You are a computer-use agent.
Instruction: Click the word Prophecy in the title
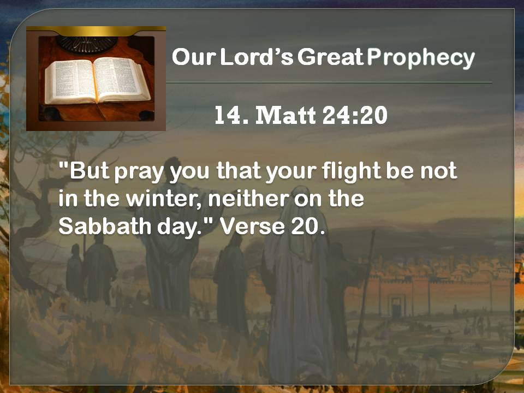pos(421,58)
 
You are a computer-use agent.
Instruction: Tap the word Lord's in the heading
pos(257,57)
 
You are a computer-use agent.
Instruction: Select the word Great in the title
pos(330,57)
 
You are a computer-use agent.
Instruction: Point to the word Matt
pos(285,115)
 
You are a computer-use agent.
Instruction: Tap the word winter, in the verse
pos(164,199)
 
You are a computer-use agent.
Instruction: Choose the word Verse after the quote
pos(252,227)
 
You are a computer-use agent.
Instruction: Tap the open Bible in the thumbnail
pos(97,80)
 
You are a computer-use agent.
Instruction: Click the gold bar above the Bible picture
pos(96,31)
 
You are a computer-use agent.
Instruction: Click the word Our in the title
pos(194,57)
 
